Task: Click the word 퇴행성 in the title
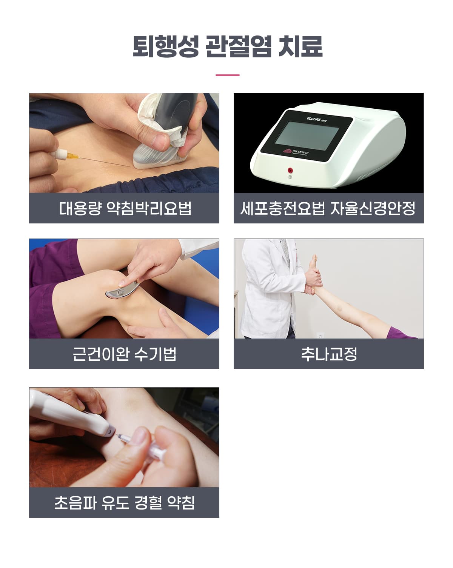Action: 165,46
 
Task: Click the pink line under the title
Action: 227,75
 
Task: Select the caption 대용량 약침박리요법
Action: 125,208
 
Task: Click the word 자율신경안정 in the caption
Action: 373,208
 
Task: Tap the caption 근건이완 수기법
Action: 124,354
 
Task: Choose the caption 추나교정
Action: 329,354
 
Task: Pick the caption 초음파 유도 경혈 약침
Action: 124,503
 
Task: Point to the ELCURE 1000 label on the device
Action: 316,119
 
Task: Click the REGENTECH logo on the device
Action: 296,152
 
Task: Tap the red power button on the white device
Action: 290,170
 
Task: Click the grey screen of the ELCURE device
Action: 307,135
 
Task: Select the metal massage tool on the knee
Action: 122,290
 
